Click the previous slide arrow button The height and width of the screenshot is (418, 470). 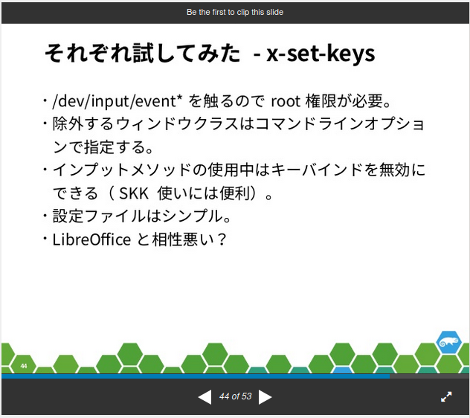pos(205,397)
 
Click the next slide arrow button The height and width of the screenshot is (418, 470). pos(265,397)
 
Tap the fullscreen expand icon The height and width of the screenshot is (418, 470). pos(446,397)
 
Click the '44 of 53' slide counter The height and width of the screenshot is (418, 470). pos(235,397)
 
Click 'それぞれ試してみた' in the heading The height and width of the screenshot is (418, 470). pos(142,54)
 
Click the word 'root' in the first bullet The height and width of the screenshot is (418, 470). pos(285,100)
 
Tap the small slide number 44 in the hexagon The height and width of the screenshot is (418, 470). pos(24,366)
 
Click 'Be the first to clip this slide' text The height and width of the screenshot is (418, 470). pos(235,12)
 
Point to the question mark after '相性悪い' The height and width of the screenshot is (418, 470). pos(219,239)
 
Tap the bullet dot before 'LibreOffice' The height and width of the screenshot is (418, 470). pos(45,239)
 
